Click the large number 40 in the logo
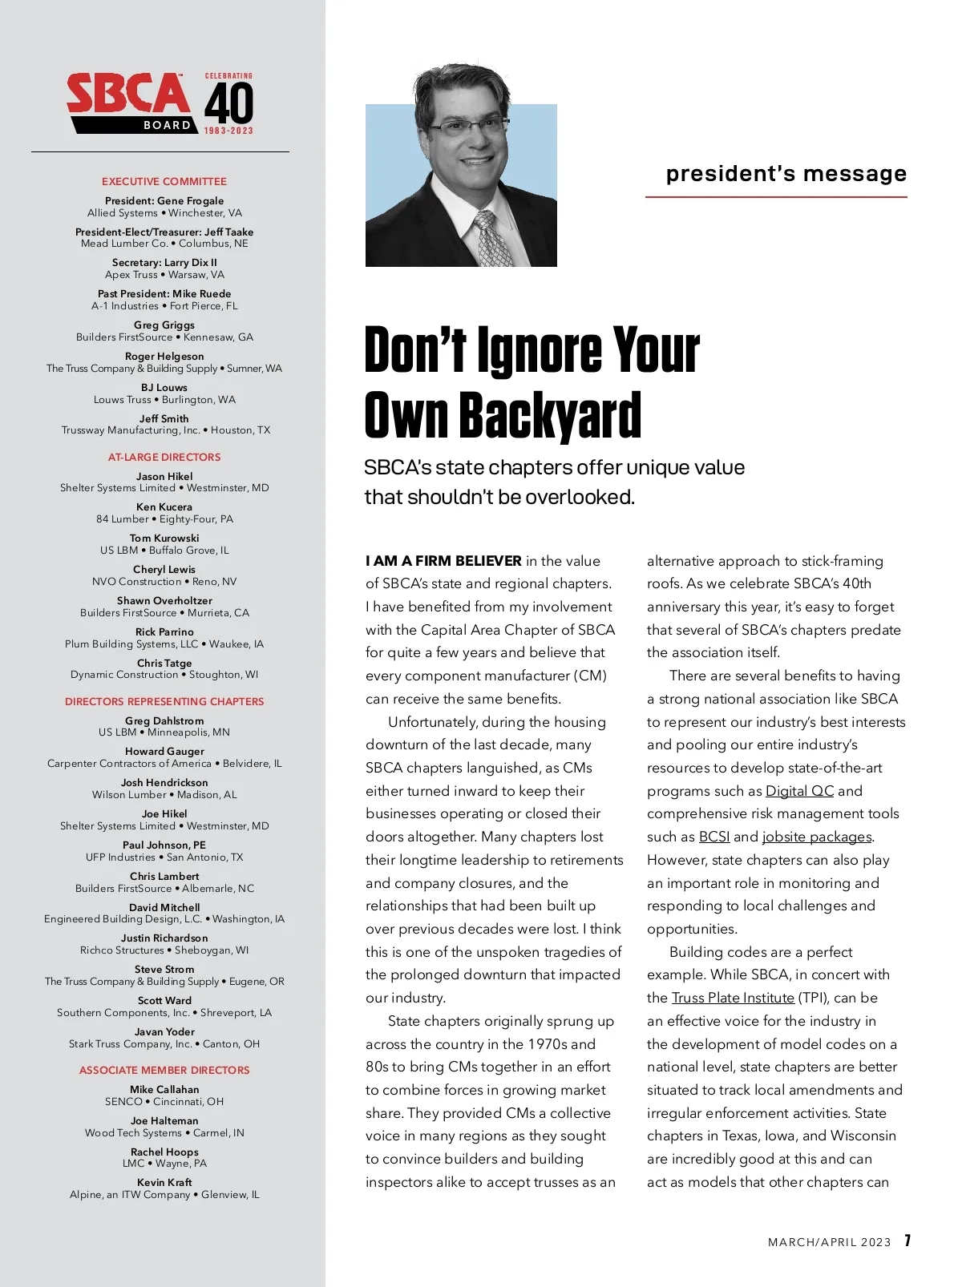click(228, 103)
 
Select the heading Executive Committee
click(164, 182)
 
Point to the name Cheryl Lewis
click(164, 570)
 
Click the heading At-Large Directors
click(164, 458)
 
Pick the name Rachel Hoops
click(164, 1152)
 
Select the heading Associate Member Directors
click(164, 1071)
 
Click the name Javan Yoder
click(164, 1032)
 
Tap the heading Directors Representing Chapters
click(164, 702)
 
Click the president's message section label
click(786, 174)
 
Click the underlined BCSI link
click(713, 837)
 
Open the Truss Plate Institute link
click(733, 999)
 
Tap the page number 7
click(907, 1241)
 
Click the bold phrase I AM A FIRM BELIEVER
click(443, 561)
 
